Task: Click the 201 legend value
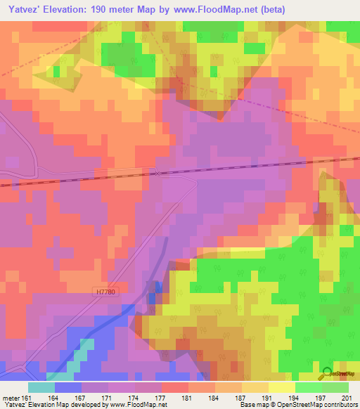pos(345,397)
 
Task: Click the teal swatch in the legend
pos(41,387)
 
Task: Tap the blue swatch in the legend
pos(68,387)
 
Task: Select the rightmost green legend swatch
pos(335,387)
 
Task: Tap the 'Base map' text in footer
pos(253,405)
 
